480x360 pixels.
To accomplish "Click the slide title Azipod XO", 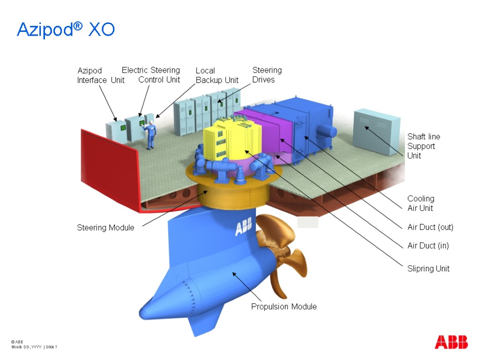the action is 66,30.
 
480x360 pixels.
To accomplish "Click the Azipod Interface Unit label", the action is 100,75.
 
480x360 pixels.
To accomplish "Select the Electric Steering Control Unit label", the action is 151,75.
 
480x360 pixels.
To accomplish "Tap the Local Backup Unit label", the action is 217,75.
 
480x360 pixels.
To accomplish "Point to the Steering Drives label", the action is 267,75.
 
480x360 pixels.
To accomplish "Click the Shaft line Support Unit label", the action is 423,146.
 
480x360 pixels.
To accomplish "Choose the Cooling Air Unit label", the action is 420,203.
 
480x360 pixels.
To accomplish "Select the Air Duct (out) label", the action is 430,227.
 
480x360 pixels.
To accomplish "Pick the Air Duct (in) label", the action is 428,246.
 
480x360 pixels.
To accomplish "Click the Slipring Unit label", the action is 428,269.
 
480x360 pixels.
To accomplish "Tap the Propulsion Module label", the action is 284,307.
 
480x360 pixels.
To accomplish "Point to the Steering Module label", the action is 105,228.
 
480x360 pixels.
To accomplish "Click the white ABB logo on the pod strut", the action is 243,228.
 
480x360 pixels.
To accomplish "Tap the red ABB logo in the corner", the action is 451,342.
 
